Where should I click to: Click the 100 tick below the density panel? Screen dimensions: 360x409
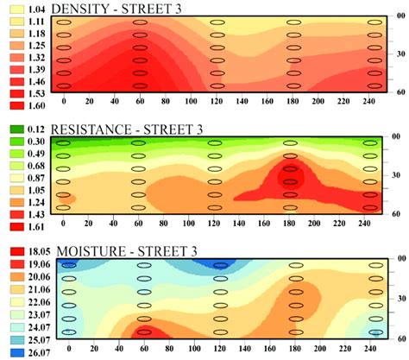point(89,102)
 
